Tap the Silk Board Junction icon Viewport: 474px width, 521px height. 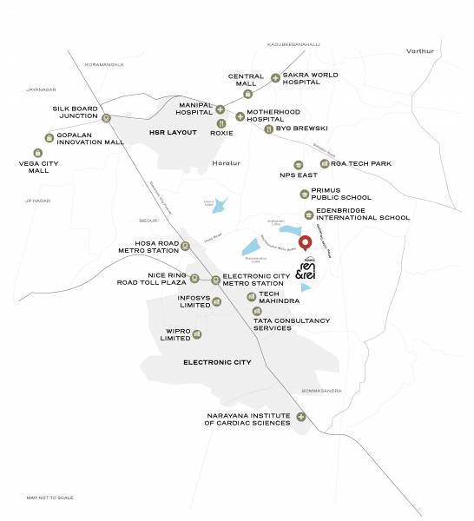click(x=106, y=118)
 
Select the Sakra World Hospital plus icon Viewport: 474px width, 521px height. click(x=276, y=78)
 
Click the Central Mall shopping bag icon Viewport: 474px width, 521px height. click(x=247, y=93)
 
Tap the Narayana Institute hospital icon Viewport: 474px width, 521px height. click(x=301, y=417)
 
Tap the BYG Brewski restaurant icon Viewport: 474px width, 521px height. click(x=268, y=129)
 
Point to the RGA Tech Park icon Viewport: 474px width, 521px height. click(x=325, y=163)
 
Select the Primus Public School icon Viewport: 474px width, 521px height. click(x=304, y=194)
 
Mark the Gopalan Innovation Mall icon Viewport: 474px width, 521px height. click(x=48, y=137)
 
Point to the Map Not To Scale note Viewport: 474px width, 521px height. click(x=49, y=498)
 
